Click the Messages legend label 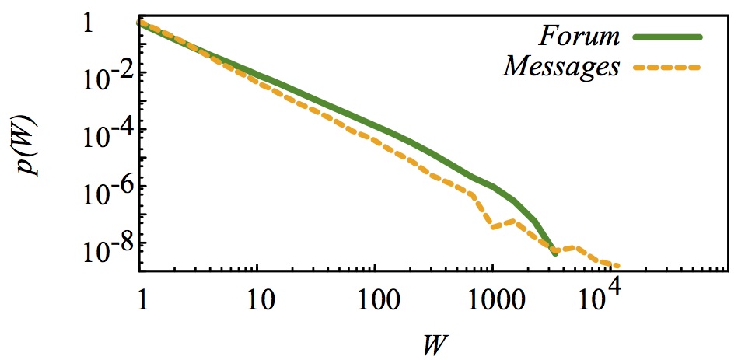tap(561, 68)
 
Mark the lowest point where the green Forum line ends tap(554, 253)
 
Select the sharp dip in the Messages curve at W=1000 tap(492, 227)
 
